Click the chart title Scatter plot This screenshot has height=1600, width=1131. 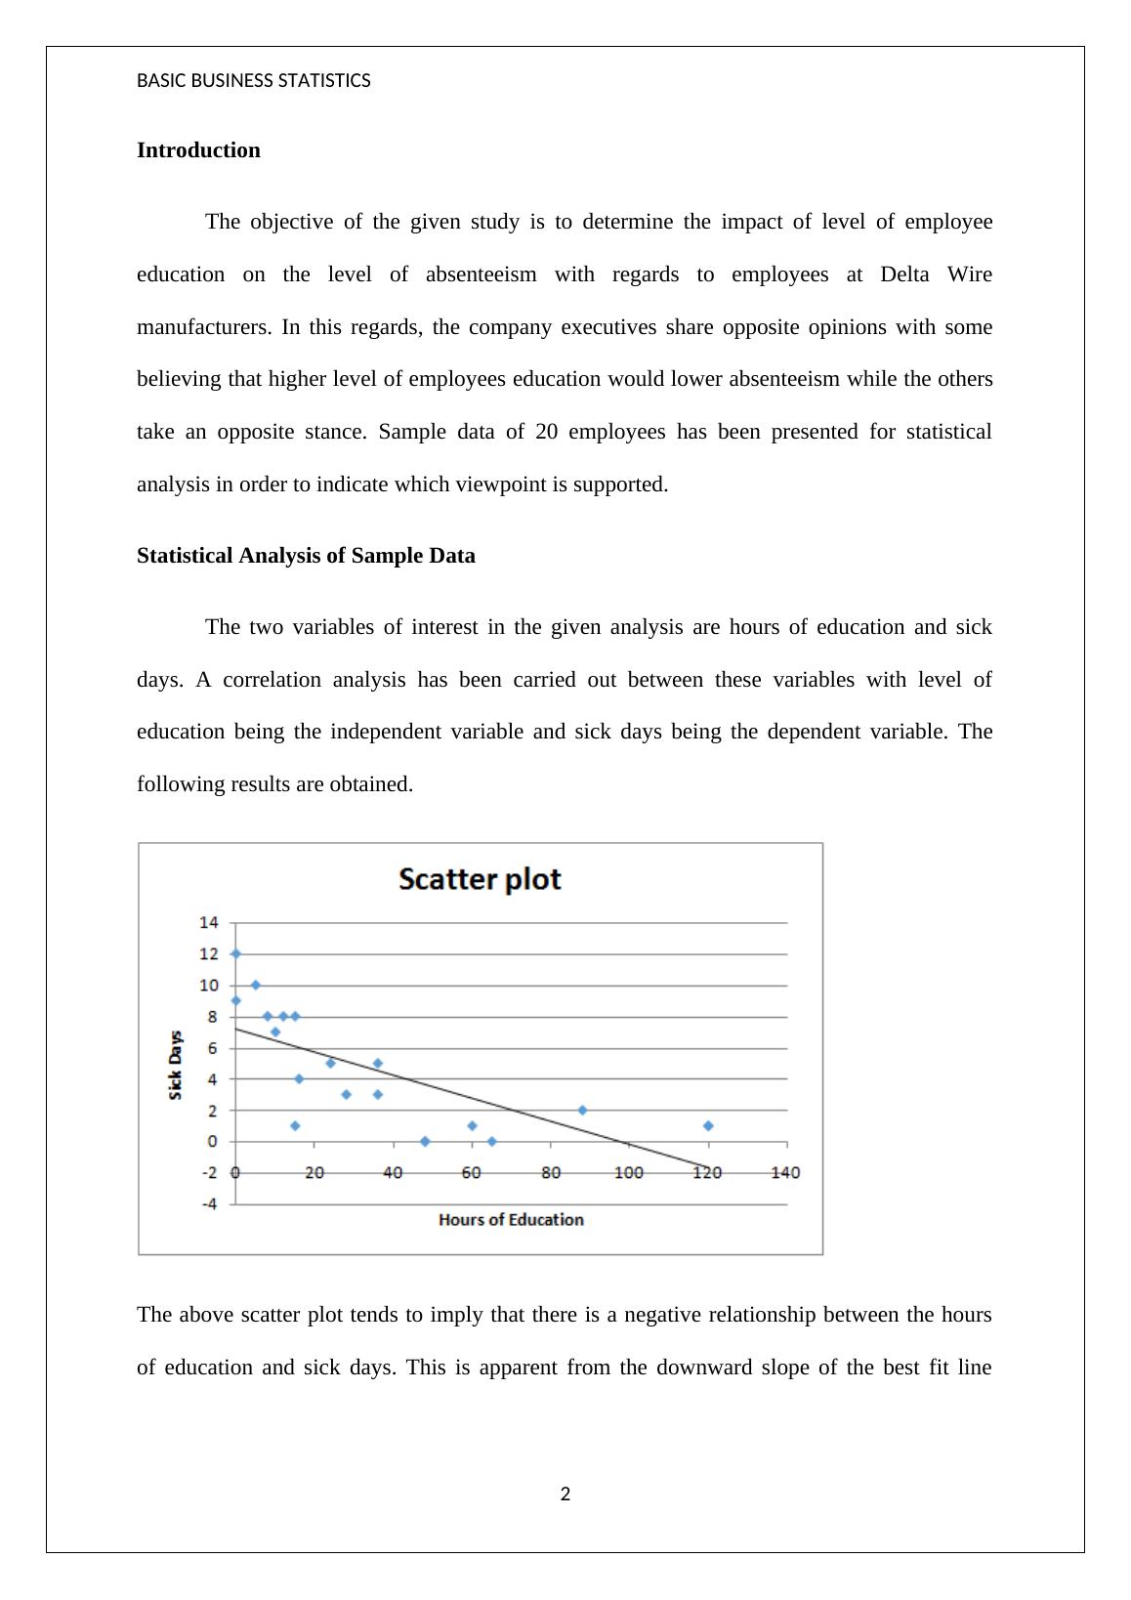pyautogui.click(x=480, y=879)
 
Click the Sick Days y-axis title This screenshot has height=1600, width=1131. pyautogui.click(x=176, y=1065)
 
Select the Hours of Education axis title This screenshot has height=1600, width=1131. pyautogui.click(x=511, y=1219)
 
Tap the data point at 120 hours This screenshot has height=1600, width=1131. pyautogui.click(x=708, y=1125)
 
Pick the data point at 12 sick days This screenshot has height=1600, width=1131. pyautogui.click(x=235, y=953)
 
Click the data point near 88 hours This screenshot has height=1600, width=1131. pyautogui.click(x=582, y=1110)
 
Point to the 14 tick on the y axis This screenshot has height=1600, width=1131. pyautogui.click(x=209, y=922)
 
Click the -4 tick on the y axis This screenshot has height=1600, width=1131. pyautogui.click(x=209, y=1203)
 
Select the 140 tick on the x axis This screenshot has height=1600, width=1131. pyautogui.click(x=786, y=1172)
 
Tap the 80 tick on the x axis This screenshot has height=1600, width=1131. pyautogui.click(x=551, y=1172)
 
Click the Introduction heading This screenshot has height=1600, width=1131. pyautogui.click(x=198, y=150)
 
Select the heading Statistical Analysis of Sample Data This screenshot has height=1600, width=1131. pyautogui.click(x=306, y=556)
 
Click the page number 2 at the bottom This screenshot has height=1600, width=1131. pyautogui.click(x=565, y=1494)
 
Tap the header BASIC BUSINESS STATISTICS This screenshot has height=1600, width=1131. pyautogui.click(x=254, y=81)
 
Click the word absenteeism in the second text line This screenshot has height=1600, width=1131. pyautogui.click(x=481, y=274)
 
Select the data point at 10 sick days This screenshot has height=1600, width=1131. pyautogui.click(x=256, y=985)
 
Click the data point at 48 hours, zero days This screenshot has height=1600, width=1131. pyautogui.click(x=425, y=1141)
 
